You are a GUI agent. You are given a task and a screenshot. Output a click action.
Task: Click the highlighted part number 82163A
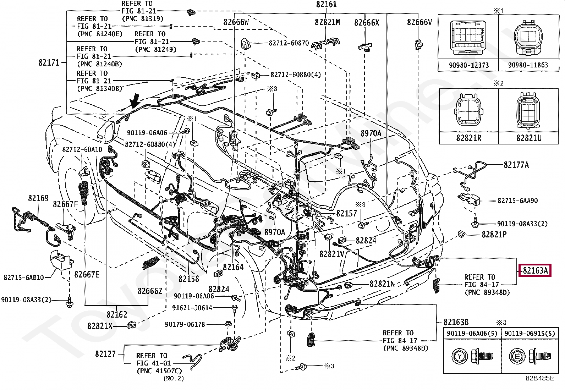tap(535, 271)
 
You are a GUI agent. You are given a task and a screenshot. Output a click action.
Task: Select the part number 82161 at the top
tap(326, 5)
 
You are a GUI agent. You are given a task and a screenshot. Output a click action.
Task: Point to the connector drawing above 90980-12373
tap(468, 38)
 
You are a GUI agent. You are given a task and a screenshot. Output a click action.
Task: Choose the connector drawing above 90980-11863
tap(528, 38)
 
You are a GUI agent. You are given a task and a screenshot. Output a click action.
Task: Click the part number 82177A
tap(516, 165)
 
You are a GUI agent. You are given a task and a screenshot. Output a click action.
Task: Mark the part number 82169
tap(38, 198)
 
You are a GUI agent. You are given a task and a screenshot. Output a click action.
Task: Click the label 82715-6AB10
tap(24, 277)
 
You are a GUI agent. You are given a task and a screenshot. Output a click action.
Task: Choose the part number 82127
tap(105, 354)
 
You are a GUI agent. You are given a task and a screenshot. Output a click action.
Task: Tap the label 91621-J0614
tap(192, 308)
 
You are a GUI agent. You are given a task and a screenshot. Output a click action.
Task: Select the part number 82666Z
tap(150, 291)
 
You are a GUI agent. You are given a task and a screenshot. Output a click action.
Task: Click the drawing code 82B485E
tap(539, 378)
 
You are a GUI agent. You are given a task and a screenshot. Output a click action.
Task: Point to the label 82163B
tap(456, 322)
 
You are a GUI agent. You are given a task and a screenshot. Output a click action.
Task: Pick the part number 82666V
tap(419, 22)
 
